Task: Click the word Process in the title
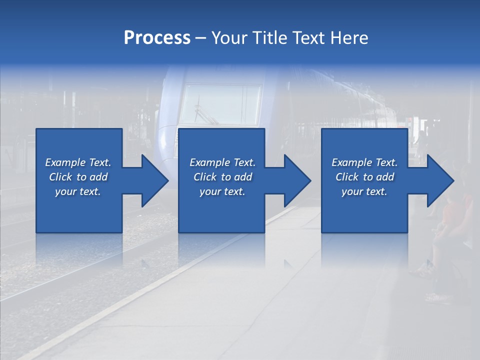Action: [157, 38]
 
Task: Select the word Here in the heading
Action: [349, 38]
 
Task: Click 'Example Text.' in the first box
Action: [78, 162]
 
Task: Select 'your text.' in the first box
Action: [78, 191]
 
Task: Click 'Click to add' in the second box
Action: [222, 177]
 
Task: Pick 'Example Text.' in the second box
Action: [222, 162]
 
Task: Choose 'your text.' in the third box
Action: [364, 191]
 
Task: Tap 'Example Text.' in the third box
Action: [364, 162]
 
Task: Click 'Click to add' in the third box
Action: [364, 177]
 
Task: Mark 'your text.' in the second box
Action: [222, 191]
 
